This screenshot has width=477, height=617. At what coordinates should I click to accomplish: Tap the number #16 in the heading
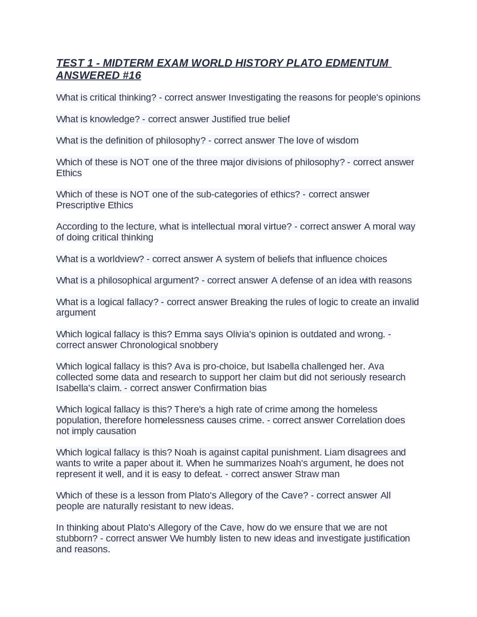pos(132,76)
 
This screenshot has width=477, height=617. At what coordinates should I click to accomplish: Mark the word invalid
pos(405,302)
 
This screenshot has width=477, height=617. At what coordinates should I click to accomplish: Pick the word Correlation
pos(359,420)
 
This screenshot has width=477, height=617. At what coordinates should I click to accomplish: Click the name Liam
pos(333,452)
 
